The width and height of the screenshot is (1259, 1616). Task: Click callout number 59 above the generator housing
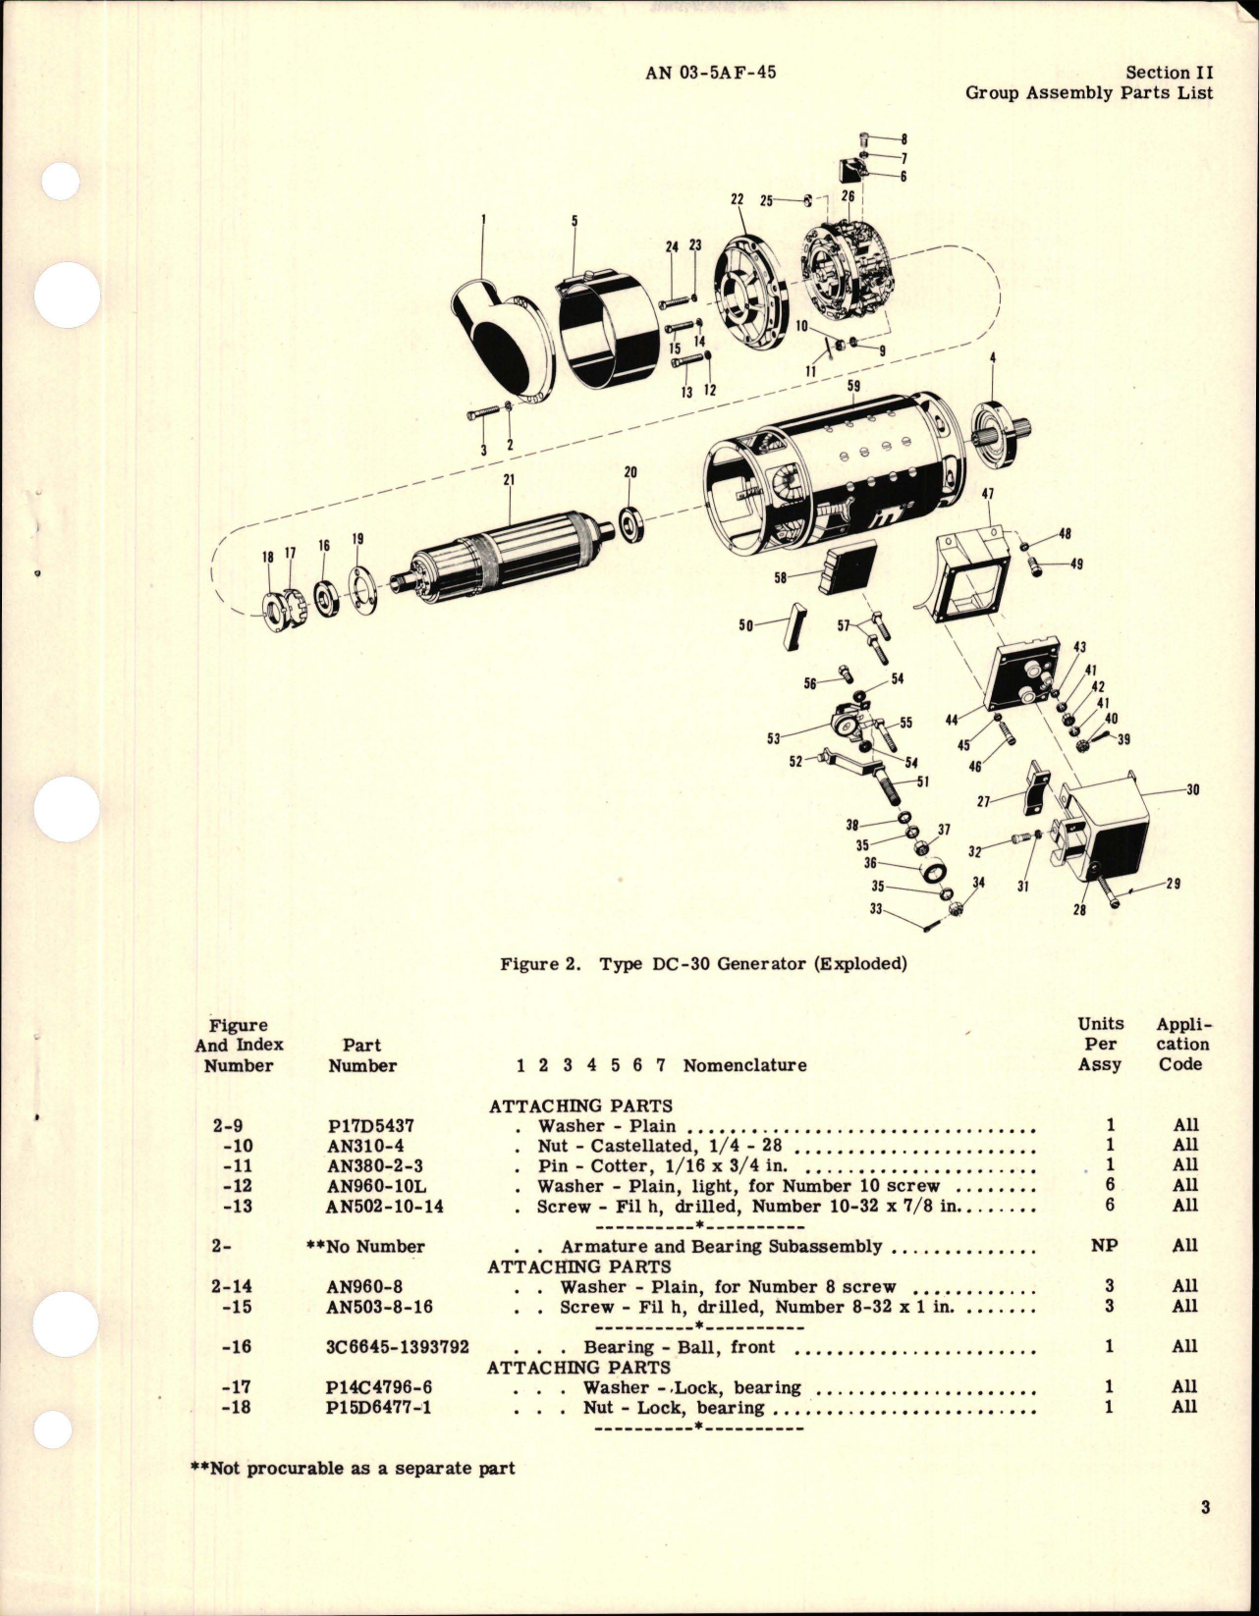[853, 386]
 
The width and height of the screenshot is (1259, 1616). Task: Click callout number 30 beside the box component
[1192, 789]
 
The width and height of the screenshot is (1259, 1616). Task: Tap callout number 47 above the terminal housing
[988, 495]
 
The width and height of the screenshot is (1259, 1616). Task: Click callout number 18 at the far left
[267, 557]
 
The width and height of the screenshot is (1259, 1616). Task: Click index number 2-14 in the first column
[238, 1286]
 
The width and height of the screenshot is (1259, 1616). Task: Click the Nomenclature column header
[745, 1065]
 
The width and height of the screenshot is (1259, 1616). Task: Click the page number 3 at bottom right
[1205, 1508]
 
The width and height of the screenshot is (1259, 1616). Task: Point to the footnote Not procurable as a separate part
[353, 1469]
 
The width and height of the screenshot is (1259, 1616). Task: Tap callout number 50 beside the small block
[745, 625]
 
